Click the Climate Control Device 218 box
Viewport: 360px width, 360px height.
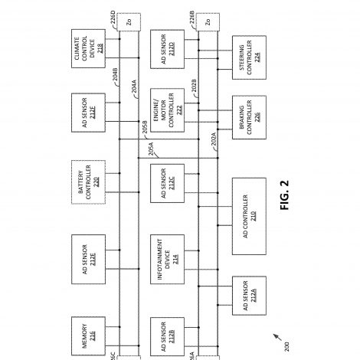[88, 48]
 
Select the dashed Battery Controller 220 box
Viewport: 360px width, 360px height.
[88, 182]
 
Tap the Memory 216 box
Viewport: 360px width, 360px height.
[88, 336]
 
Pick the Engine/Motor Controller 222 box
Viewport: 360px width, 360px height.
[167, 110]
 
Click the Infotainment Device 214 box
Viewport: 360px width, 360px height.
[167, 259]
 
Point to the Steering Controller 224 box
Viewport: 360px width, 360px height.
[249, 57]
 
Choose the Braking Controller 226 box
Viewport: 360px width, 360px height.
[249, 117]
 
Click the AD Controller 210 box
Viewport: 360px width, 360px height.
[249, 216]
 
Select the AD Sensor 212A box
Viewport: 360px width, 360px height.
[249, 296]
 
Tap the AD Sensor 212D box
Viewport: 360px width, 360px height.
[167, 49]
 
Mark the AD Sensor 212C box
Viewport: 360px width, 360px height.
[167, 183]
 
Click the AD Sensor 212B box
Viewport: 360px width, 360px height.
[167, 336]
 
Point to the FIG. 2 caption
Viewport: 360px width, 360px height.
[284, 195]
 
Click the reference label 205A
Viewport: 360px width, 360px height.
[151, 149]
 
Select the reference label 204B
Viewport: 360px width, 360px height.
[115, 74]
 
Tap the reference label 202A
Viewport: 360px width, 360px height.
[214, 139]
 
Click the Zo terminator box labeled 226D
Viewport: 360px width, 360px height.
[129, 22]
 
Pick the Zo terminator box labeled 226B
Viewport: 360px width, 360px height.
[208, 22]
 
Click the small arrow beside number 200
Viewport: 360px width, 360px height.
[277, 337]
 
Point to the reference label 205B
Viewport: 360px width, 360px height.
[145, 127]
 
